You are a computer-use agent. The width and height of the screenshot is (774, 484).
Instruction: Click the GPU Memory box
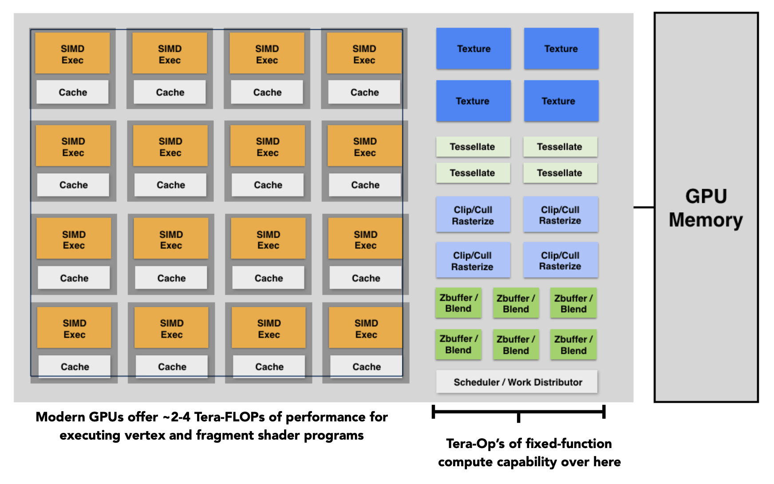pos(706,207)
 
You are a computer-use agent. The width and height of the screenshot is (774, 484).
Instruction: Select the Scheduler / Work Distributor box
pos(517,382)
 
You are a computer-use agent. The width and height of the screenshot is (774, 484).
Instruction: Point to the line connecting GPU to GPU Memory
pos(644,207)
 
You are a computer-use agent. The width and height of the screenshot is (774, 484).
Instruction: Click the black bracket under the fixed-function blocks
pos(518,412)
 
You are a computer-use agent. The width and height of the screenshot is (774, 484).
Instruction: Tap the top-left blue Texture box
pos(474,49)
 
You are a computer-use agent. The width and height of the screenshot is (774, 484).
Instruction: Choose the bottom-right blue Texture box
pos(561,101)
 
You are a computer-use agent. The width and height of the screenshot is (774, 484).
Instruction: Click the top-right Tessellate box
pos(560,147)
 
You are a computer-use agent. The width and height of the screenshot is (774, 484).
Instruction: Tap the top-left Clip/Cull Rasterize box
pos(473,215)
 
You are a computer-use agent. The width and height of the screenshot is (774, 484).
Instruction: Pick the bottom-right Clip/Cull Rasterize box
pos(561,261)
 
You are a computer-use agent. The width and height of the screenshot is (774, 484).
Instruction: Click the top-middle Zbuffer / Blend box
pos(516,303)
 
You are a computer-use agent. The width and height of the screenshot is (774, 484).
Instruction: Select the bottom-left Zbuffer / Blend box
pos(458,345)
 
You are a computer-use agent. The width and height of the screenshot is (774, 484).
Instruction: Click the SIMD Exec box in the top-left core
pos(72,54)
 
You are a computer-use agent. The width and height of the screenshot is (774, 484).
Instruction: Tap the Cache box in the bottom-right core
pos(367,367)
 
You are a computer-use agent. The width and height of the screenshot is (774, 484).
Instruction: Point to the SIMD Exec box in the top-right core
pos(364,54)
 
